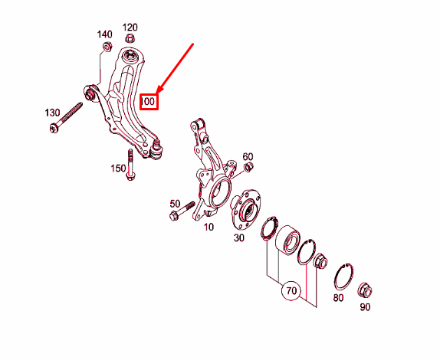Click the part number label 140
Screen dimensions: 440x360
coord(105,34)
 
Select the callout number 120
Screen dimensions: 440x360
coord(130,28)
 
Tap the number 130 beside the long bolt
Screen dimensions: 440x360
coord(52,113)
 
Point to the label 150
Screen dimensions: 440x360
coord(118,169)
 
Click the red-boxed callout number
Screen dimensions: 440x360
coord(149,101)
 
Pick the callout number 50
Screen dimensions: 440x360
coord(175,204)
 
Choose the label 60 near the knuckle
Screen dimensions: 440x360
coord(248,156)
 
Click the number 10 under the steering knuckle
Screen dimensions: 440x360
coord(209,227)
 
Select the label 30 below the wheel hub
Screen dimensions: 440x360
coord(239,237)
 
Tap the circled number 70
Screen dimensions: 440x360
coord(291,290)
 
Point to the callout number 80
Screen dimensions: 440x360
coord(338,297)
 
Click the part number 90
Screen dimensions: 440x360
coord(365,307)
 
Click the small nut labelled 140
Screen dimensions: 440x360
coord(107,47)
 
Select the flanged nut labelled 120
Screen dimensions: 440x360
coord(129,38)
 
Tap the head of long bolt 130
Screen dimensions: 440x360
coord(54,129)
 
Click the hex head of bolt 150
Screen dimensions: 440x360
coord(131,177)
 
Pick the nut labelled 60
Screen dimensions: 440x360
coord(248,167)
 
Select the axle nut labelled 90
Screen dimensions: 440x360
coord(366,291)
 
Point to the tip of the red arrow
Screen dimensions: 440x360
coord(156,93)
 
